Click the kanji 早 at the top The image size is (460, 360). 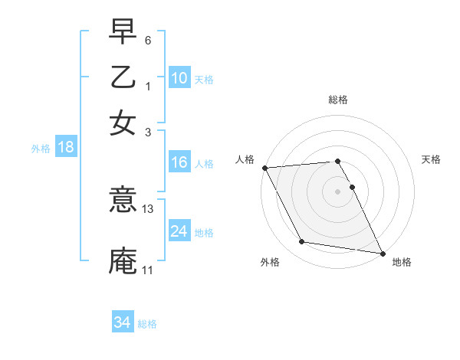pos(123,34)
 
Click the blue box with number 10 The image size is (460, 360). pos(179,77)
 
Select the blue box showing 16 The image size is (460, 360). pos(179,163)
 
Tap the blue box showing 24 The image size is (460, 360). pos(179,232)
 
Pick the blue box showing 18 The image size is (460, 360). pos(65,148)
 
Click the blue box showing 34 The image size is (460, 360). pos(122,322)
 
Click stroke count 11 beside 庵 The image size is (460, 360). pos(147,270)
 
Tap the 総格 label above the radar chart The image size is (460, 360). pos(338,100)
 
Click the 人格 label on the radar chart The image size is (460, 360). pos(245,159)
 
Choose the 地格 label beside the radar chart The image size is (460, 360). pos(402,262)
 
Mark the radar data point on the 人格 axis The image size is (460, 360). pos(264,168)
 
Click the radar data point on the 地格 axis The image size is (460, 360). pos(382,252)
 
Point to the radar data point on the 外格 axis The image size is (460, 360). pos(302,242)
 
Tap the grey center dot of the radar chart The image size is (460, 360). pos(338,191)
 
